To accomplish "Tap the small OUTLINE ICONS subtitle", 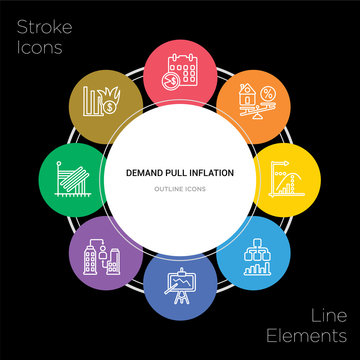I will [180, 191].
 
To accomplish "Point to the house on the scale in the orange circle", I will [243, 97].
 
